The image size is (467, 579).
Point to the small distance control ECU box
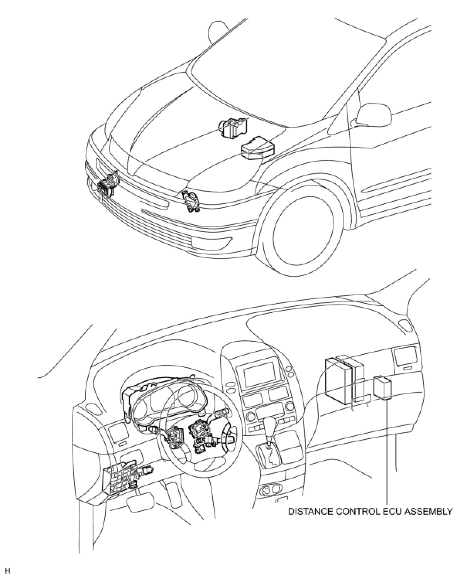(383, 388)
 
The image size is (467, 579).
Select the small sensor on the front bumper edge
(190, 201)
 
